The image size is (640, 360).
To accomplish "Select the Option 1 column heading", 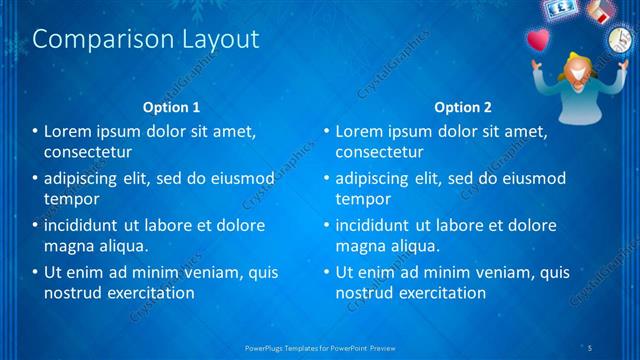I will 172,107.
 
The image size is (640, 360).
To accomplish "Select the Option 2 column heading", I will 463,107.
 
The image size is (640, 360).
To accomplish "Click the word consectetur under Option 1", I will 88,152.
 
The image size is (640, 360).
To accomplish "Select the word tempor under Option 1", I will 70,199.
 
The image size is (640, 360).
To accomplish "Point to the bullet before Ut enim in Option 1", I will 35,272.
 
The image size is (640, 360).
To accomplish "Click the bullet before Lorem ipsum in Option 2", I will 326,131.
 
